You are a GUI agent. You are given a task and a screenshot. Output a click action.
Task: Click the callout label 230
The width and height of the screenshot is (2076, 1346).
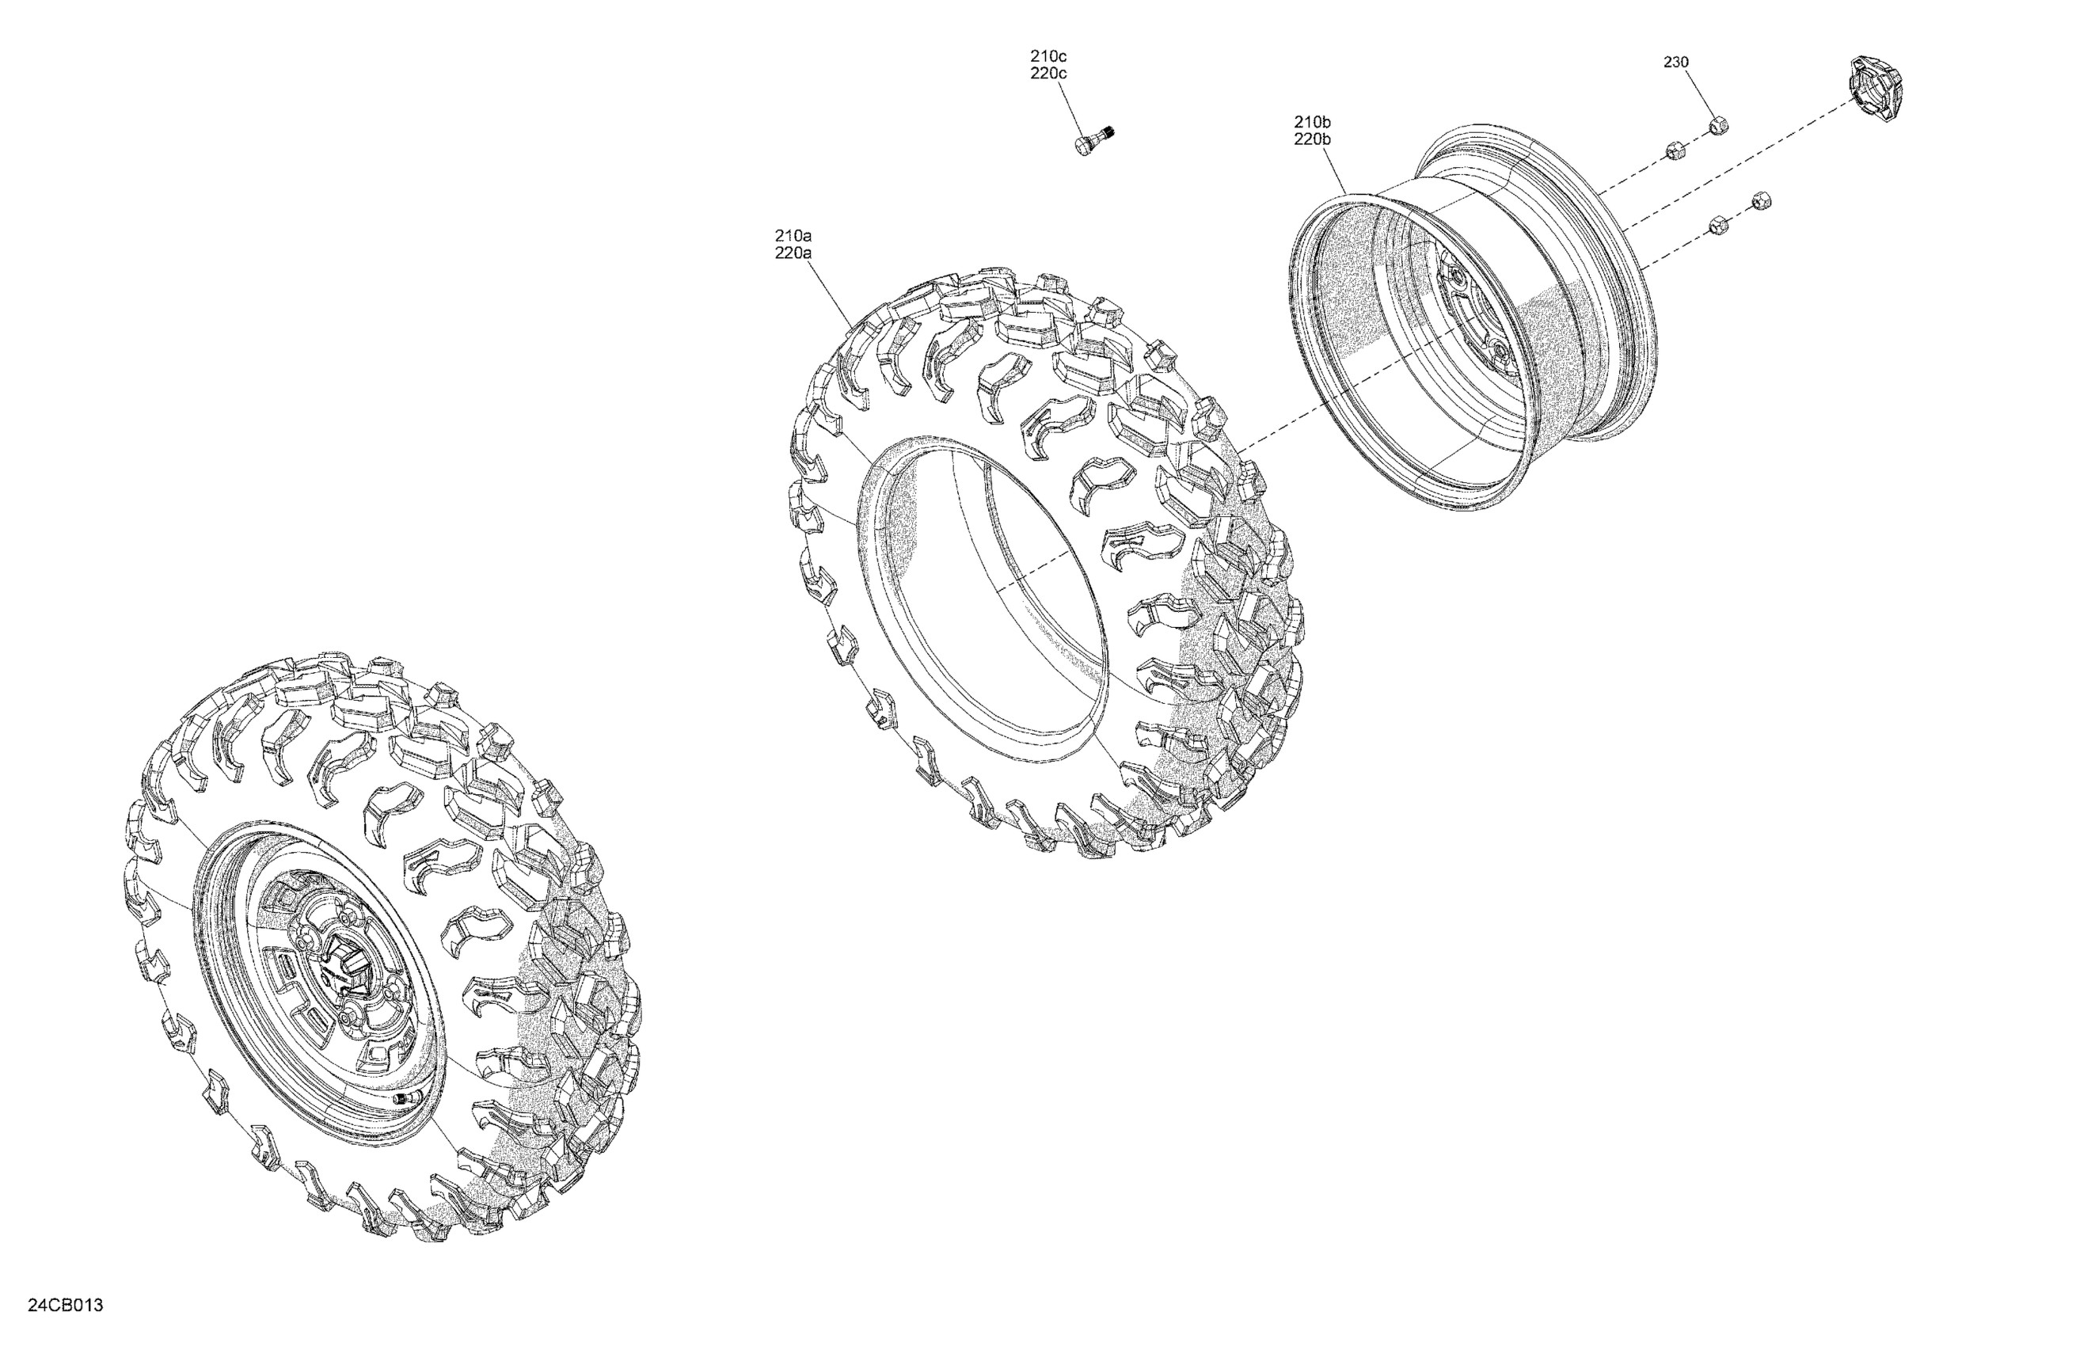click(1675, 62)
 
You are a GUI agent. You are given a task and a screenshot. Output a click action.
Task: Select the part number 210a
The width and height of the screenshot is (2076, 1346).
click(793, 235)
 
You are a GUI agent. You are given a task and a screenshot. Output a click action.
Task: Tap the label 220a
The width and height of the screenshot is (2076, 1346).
click(793, 254)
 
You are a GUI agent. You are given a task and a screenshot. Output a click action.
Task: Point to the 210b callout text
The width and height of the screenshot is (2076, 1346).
click(1313, 121)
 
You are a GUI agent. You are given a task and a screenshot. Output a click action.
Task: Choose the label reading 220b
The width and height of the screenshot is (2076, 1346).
click(1313, 139)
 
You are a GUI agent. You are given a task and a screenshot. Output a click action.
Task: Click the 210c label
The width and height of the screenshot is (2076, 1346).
click(1048, 56)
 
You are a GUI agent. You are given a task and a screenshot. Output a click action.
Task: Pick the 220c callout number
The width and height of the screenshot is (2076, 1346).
click(1048, 74)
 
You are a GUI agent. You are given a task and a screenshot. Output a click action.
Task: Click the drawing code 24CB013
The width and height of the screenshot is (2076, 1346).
click(66, 1306)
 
